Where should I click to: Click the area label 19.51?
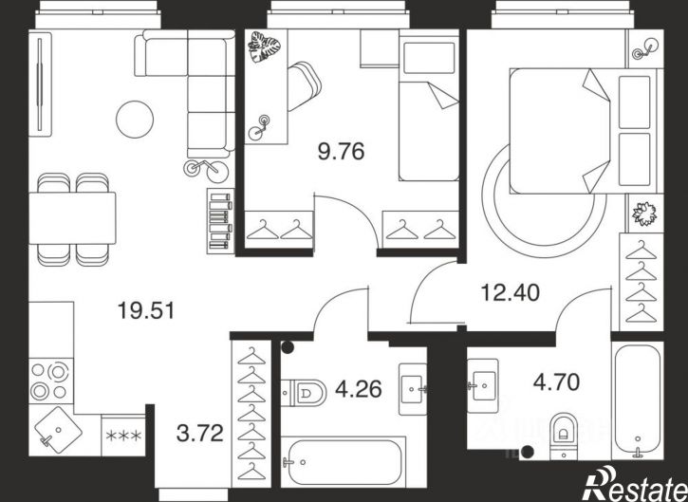pos(146,310)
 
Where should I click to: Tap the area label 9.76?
pos(341,152)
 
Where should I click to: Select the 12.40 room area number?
pos(511,292)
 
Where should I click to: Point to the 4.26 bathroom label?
pos(358,389)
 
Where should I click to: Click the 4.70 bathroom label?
pos(556,382)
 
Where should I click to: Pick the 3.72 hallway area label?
pos(199,434)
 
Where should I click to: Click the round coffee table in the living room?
pos(135,120)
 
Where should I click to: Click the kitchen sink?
pos(58,430)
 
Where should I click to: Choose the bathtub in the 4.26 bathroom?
pos(343,461)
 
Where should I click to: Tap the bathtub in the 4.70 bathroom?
pos(638,400)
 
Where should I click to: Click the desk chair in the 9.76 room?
pos(304,86)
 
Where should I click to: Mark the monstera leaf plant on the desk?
pos(264,47)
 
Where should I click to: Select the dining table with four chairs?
pos(72,219)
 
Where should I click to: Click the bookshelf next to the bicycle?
pos(220,221)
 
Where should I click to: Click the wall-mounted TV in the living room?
pos(40,84)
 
